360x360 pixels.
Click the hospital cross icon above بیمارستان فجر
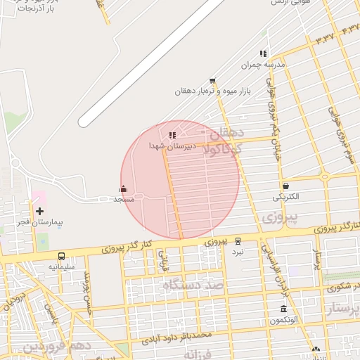tap(39, 211)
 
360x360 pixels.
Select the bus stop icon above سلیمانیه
tap(62, 257)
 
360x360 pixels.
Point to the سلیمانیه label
tap(62, 267)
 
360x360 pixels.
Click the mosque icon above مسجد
tap(124, 188)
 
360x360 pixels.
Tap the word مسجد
tap(124, 199)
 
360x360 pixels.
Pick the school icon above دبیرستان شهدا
tap(172, 134)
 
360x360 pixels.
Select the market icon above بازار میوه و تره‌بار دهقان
tap(212, 82)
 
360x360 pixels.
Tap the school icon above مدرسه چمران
tap(263, 53)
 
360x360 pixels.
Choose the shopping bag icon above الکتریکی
tap(285, 186)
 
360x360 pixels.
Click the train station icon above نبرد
tap(238, 240)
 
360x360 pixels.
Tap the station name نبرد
tap(238, 251)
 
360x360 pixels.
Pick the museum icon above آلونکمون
tap(283, 309)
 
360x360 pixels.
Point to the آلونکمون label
tap(284, 320)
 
